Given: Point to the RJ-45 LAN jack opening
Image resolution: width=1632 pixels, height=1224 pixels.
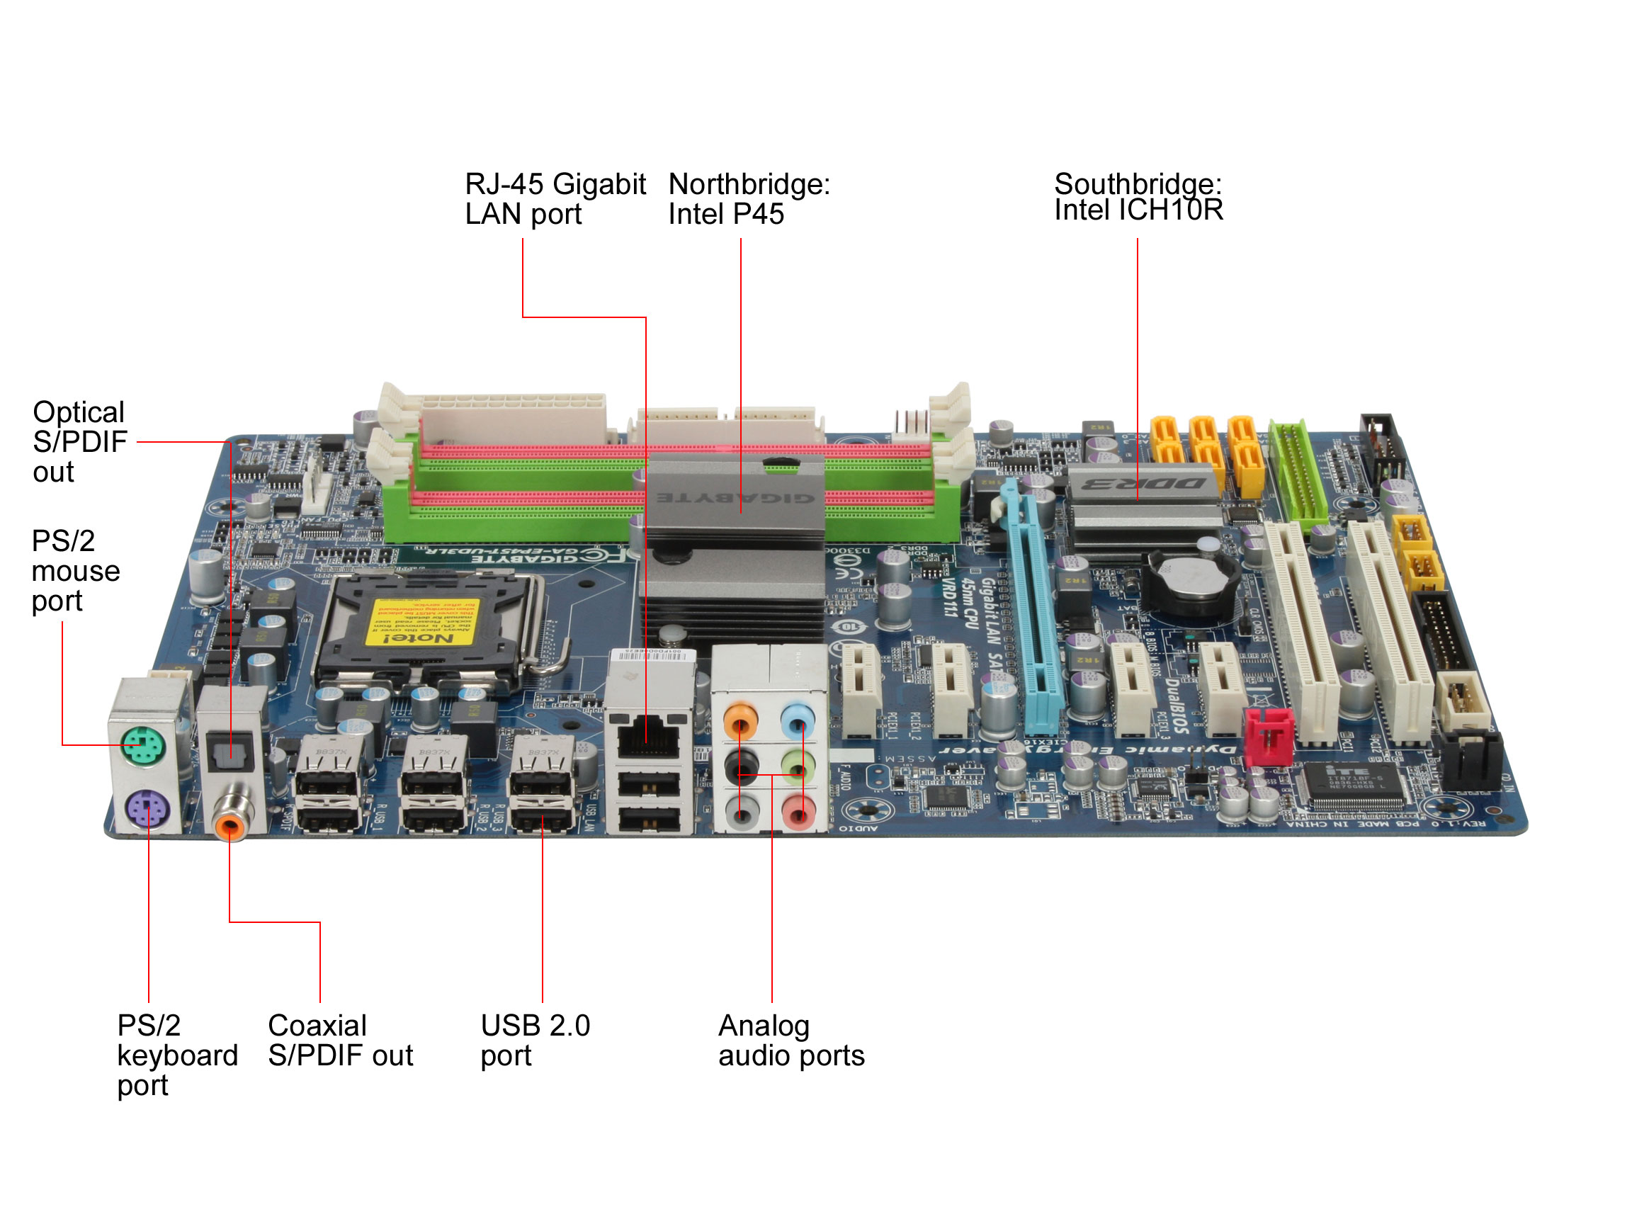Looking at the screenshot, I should point(648,739).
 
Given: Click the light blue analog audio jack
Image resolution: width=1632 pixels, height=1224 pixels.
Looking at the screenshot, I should point(797,719).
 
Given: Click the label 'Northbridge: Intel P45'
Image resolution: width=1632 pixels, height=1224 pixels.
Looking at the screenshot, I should point(748,198).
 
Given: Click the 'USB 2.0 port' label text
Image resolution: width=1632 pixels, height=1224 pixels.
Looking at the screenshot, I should point(534,1040).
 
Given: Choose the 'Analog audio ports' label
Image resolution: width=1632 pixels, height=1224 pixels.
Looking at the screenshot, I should point(790,1040).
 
